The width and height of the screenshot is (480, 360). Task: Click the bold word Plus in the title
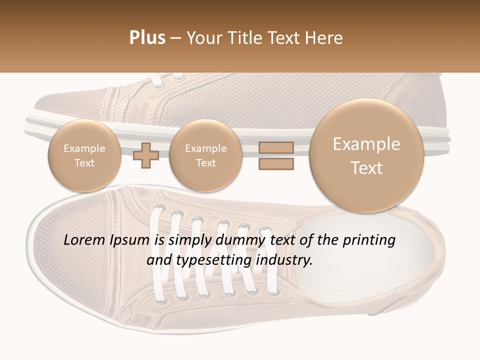click(147, 38)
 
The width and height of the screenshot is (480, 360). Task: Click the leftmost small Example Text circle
click(84, 155)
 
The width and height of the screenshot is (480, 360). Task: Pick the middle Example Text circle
click(205, 155)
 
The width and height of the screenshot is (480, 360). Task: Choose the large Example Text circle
click(366, 155)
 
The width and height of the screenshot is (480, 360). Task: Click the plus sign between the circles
click(146, 155)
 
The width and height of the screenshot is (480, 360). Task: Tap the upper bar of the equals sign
click(275, 147)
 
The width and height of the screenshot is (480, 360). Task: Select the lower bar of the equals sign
click(275, 163)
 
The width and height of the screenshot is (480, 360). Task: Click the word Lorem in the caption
click(85, 240)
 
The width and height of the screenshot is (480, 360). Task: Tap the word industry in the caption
click(284, 260)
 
